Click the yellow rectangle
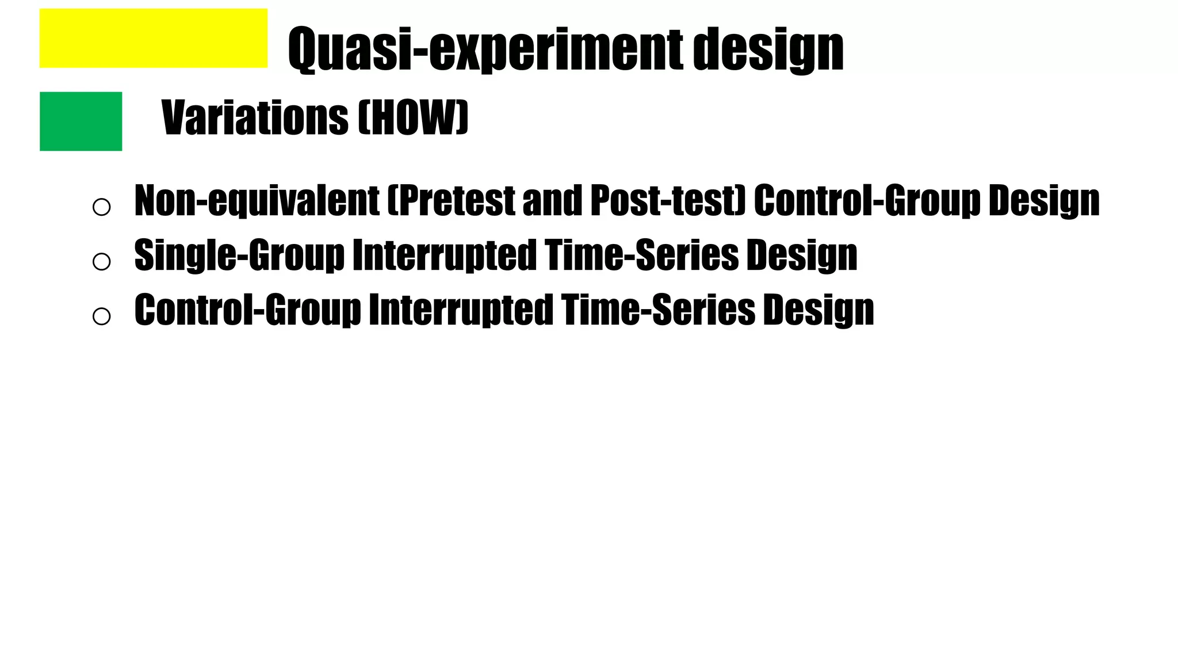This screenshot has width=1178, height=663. (153, 38)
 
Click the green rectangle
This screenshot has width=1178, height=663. (81, 121)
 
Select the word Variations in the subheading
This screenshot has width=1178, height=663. (255, 117)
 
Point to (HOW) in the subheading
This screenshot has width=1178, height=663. (413, 117)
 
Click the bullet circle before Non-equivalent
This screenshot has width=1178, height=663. (101, 207)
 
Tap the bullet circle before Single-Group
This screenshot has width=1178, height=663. (101, 261)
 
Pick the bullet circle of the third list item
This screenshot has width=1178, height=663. (101, 316)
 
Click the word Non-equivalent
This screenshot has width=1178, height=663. (257, 201)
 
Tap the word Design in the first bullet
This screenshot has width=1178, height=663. (1043, 201)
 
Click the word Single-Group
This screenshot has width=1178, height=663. (239, 255)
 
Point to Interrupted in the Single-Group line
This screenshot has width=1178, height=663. (444, 255)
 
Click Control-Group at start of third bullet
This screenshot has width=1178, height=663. (247, 310)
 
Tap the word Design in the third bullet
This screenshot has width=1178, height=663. (818, 310)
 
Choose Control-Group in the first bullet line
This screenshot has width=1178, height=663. (867, 201)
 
